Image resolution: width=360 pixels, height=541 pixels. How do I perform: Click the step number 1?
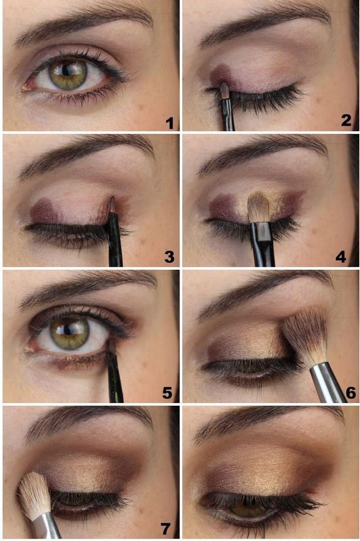(x=170, y=122)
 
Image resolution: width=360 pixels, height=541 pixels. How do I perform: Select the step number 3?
(x=169, y=256)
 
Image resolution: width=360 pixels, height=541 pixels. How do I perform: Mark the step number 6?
(x=351, y=392)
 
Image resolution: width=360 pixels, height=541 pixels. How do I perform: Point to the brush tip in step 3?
(x=112, y=203)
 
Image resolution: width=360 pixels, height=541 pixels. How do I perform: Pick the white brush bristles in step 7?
(x=34, y=494)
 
